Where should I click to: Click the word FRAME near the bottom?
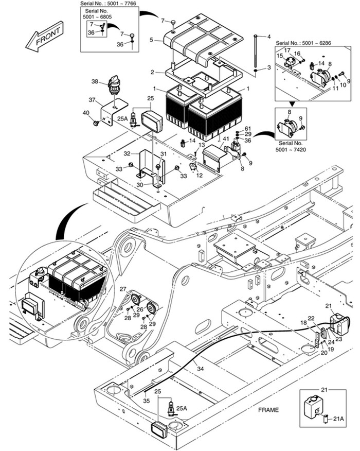tap(269, 410)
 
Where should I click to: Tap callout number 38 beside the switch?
tap(95, 81)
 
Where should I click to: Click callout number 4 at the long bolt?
tap(268, 37)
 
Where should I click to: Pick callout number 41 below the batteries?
tap(225, 138)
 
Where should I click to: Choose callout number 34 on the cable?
tap(200, 368)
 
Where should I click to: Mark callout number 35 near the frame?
tap(147, 400)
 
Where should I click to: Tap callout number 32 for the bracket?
tap(127, 153)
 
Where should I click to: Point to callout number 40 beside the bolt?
tap(86, 113)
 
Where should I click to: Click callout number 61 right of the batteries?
tap(247, 128)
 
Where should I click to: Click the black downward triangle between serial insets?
tap(293, 103)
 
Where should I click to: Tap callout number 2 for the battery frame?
tap(153, 72)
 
